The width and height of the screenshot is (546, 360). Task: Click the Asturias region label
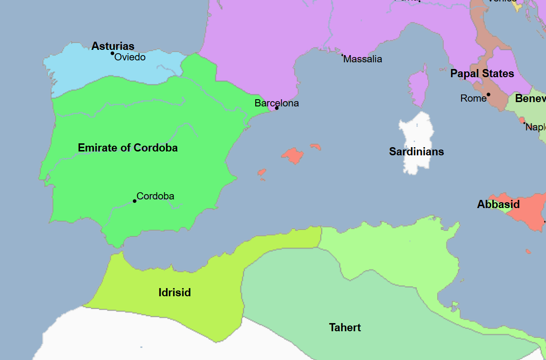click(113, 46)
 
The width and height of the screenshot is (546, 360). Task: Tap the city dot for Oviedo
click(112, 53)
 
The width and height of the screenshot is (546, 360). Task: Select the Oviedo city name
click(130, 58)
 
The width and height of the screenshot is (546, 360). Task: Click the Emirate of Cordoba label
click(128, 148)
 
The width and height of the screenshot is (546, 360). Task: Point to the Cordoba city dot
click(134, 201)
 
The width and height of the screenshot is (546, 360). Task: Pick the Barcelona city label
click(276, 103)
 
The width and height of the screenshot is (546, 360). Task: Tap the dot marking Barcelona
click(276, 108)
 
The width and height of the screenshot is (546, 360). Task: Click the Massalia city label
click(363, 59)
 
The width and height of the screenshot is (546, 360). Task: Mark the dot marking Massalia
click(342, 55)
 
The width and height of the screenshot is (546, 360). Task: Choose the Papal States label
click(482, 74)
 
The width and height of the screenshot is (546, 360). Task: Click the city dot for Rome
click(488, 94)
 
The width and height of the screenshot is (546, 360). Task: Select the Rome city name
click(473, 98)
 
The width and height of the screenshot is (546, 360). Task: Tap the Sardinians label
click(416, 152)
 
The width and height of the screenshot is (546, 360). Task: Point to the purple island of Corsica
click(418, 89)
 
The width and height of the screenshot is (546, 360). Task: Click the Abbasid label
click(498, 205)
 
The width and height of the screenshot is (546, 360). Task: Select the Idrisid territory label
click(175, 292)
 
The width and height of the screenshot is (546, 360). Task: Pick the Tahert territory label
click(345, 328)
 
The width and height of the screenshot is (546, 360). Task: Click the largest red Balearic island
click(293, 155)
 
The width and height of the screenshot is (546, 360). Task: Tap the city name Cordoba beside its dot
click(155, 196)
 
